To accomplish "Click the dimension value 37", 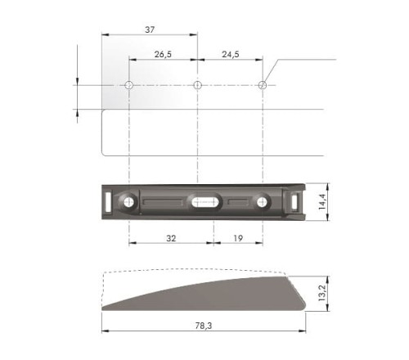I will coord(150,29).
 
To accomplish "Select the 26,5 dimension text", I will coord(163,55).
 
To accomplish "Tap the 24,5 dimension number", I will coord(230,55).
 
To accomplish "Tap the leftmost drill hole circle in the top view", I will coord(129,85).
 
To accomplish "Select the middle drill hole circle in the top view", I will coord(197,85).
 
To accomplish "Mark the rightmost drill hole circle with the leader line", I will coord(263,85).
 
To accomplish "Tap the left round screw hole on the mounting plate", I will coord(129,200).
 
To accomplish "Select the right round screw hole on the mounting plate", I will coord(263,200).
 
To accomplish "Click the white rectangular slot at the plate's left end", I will coord(108,199).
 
